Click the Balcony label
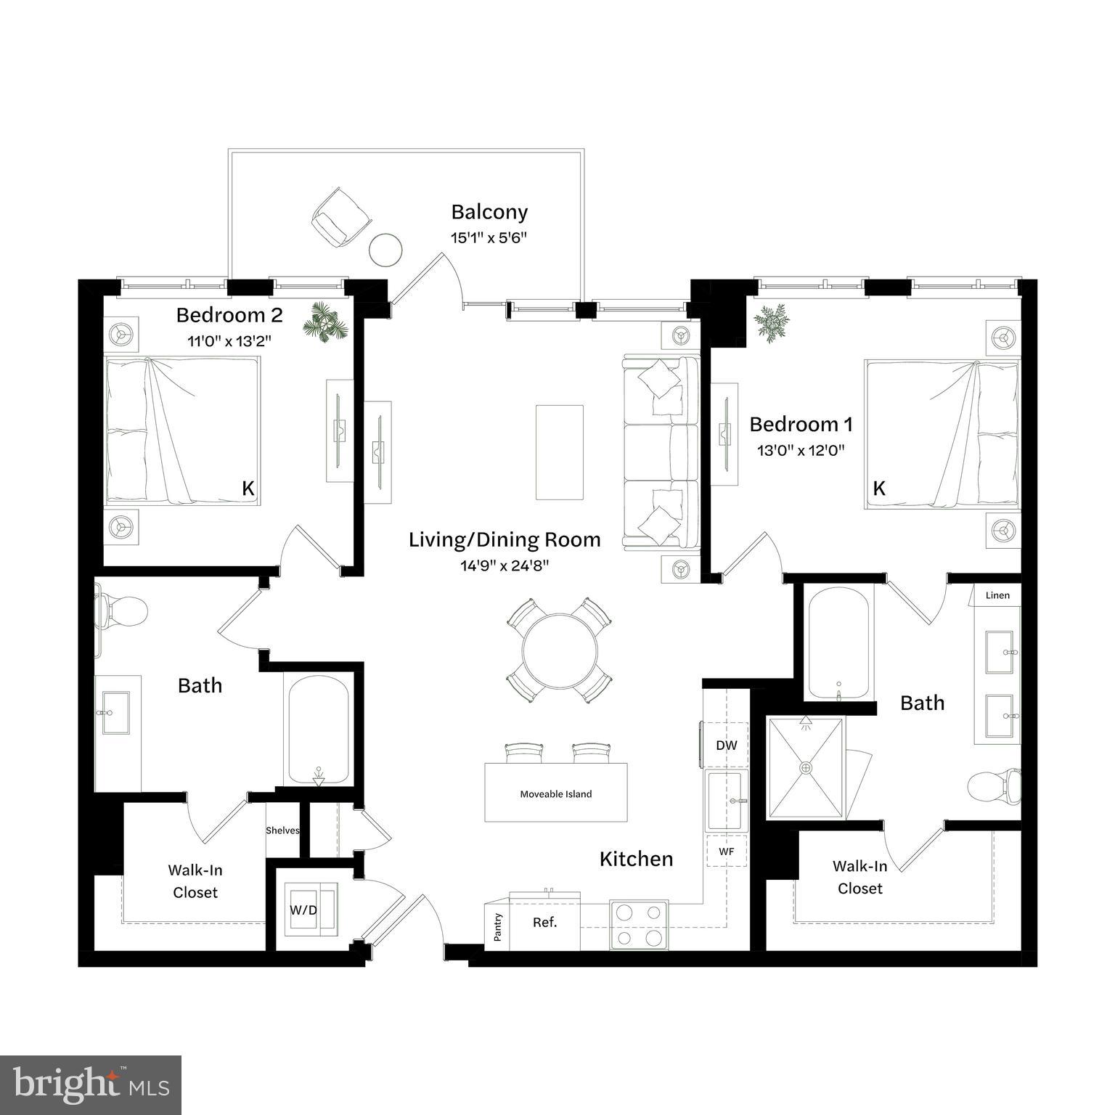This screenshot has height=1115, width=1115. [x=489, y=212]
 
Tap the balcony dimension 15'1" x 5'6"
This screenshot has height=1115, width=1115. [x=488, y=237]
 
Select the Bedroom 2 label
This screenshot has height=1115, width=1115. [x=229, y=315]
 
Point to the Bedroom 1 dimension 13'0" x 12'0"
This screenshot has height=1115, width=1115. [x=801, y=450]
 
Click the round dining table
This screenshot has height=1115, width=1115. [x=559, y=651]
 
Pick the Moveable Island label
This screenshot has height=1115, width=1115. [x=555, y=794]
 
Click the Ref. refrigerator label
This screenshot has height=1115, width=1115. [x=544, y=923]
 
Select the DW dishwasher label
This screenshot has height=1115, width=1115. [x=726, y=746]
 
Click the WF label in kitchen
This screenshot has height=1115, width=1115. [x=726, y=851]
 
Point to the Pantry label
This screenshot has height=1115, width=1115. [x=498, y=927]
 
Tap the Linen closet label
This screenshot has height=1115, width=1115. [x=997, y=595]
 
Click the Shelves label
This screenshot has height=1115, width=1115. [x=282, y=830]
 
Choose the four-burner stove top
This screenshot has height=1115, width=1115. [x=639, y=925]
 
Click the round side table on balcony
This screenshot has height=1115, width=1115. [x=385, y=250]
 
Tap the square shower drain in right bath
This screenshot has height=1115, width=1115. [x=805, y=767]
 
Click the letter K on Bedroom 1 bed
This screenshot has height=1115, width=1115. [x=879, y=489]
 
